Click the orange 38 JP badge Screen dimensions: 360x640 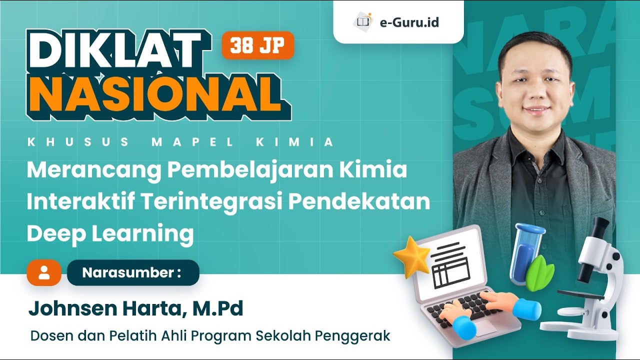click(257, 45)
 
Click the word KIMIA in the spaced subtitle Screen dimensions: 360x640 click(294, 142)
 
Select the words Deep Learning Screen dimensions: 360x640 click(110, 234)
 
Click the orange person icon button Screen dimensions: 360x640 click(44, 272)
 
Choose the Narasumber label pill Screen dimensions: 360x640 click(132, 273)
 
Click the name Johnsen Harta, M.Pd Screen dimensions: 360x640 click(135, 309)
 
